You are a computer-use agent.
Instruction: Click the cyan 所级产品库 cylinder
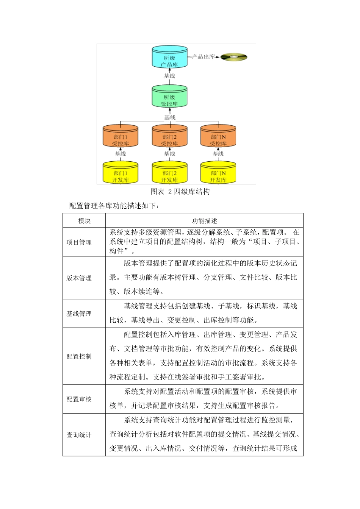click(x=169, y=58)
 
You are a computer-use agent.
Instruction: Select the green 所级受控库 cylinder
click(x=169, y=97)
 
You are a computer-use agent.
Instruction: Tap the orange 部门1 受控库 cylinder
click(x=121, y=137)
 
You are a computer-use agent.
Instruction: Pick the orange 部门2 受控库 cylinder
click(x=169, y=137)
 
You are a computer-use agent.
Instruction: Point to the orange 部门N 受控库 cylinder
click(x=218, y=137)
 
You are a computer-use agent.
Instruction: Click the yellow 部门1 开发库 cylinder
click(x=121, y=173)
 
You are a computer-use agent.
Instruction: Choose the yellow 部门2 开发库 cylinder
click(x=169, y=173)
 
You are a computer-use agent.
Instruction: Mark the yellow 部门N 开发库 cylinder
click(x=218, y=173)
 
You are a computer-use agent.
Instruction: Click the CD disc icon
click(x=234, y=57)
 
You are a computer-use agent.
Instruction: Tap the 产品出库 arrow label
click(x=203, y=57)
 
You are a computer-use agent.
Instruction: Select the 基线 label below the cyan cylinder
click(x=169, y=76)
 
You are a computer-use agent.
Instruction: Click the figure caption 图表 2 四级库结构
click(x=180, y=192)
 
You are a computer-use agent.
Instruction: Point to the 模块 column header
click(x=84, y=221)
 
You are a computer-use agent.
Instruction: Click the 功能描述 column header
click(x=204, y=221)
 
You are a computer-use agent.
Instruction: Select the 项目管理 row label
click(x=79, y=242)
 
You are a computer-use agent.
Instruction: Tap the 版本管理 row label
click(x=79, y=278)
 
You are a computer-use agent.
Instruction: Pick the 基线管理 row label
click(x=79, y=314)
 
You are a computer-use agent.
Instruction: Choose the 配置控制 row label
click(x=79, y=356)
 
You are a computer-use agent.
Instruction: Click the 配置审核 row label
click(x=79, y=399)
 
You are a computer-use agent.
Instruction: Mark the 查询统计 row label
click(x=79, y=435)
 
